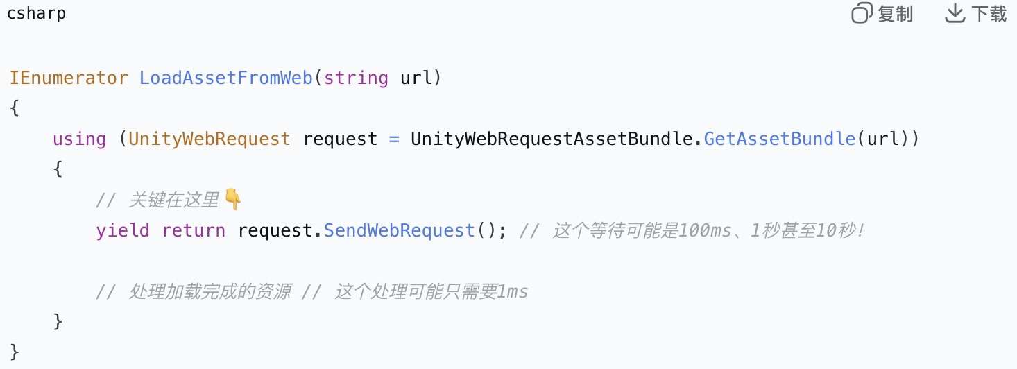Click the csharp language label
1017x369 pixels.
pyautogui.click(x=36, y=14)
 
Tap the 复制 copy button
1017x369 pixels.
pyautogui.click(x=882, y=14)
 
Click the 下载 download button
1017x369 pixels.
pyautogui.click(x=976, y=14)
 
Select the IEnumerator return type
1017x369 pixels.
pyautogui.click(x=69, y=78)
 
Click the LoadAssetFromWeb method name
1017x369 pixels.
pyautogui.click(x=226, y=78)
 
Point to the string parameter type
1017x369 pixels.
pyautogui.click(x=356, y=78)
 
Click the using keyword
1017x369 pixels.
pyautogui.click(x=79, y=139)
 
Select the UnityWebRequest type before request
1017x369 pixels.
pyautogui.click(x=210, y=139)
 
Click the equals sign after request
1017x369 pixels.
pyautogui.click(x=394, y=139)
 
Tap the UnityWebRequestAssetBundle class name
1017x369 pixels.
pyautogui.click(x=552, y=139)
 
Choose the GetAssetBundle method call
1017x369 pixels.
pyautogui.click(x=779, y=139)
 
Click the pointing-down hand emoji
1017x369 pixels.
pyautogui.click(x=233, y=200)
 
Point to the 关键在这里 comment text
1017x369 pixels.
pyautogui.click(x=173, y=200)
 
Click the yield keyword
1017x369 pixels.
pyautogui.click(x=122, y=230)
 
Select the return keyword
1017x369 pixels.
pyautogui.click(x=194, y=230)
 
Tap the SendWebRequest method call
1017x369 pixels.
pyautogui.click(x=399, y=230)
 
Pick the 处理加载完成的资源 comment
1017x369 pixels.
pyautogui.click(x=210, y=292)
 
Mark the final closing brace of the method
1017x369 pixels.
pyautogui.click(x=15, y=351)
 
